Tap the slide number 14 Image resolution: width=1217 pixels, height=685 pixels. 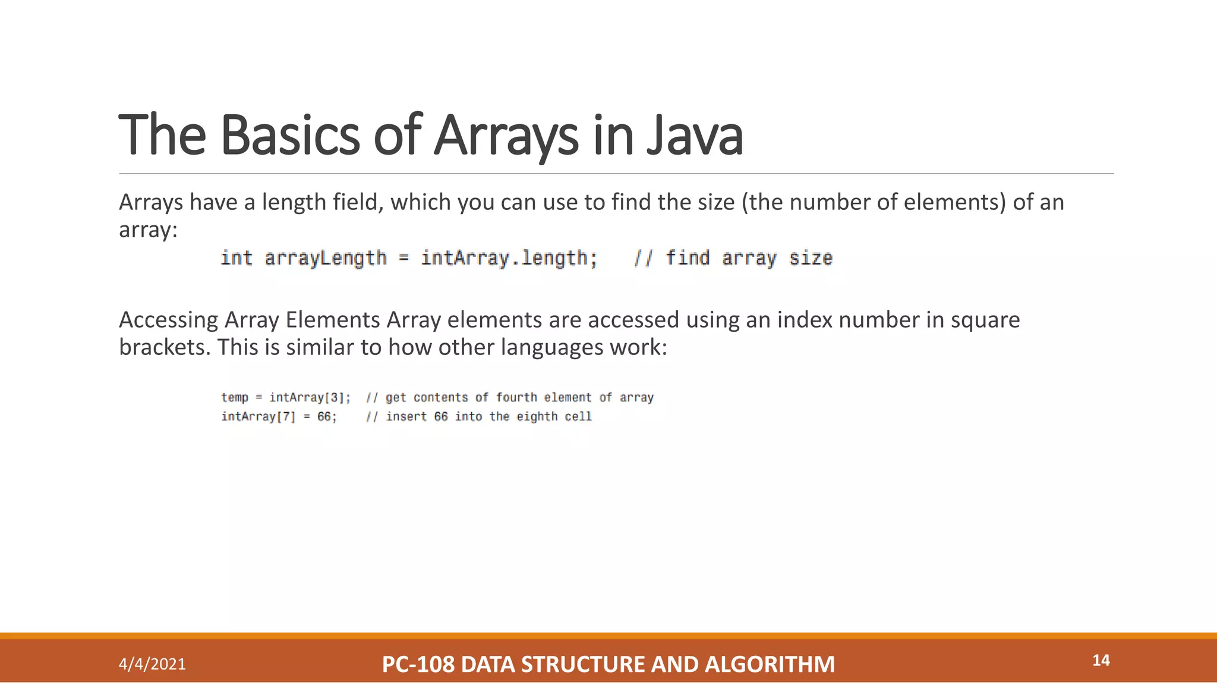click(1101, 660)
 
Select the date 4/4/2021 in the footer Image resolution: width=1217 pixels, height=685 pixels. click(152, 664)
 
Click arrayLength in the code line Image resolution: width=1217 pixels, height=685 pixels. click(326, 258)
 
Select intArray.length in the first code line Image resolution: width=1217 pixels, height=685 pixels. click(509, 258)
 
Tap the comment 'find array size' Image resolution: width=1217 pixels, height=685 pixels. click(749, 258)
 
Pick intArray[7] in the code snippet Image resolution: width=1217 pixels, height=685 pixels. click(258, 416)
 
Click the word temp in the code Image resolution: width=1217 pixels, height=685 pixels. click(235, 397)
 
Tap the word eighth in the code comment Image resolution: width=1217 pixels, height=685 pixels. click(537, 416)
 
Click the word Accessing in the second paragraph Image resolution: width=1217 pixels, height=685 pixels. click(169, 320)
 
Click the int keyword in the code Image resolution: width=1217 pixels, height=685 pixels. click(236, 258)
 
